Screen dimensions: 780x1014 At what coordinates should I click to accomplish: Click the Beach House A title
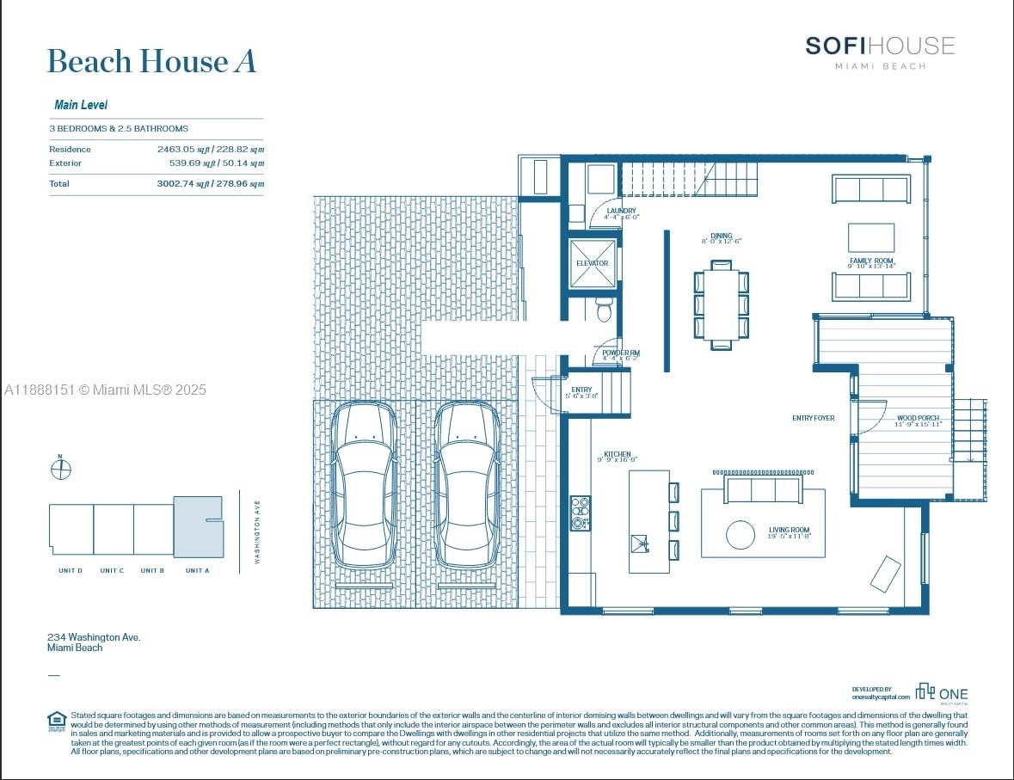click(x=151, y=62)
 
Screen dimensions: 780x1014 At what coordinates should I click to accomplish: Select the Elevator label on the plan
click(x=592, y=263)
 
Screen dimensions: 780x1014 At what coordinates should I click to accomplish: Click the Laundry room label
click(x=621, y=212)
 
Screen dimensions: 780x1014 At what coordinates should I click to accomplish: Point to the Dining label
click(x=721, y=236)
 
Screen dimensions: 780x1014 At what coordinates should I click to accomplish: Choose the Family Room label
click(x=871, y=261)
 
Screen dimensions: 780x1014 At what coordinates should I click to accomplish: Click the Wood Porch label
click(x=918, y=419)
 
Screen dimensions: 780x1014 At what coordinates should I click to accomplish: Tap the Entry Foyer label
click(x=813, y=419)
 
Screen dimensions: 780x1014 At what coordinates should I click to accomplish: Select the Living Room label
click(x=789, y=531)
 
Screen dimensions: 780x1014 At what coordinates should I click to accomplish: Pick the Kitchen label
click(x=617, y=455)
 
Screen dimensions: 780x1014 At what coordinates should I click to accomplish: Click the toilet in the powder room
click(x=604, y=310)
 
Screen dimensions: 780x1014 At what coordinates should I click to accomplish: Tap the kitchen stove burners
click(x=581, y=512)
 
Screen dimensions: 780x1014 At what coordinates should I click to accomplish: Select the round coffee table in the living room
click(x=741, y=535)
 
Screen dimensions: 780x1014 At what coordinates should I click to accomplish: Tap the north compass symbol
click(x=61, y=469)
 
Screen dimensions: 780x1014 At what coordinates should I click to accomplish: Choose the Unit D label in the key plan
click(x=70, y=571)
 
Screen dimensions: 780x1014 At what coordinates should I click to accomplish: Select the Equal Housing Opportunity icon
click(x=57, y=720)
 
